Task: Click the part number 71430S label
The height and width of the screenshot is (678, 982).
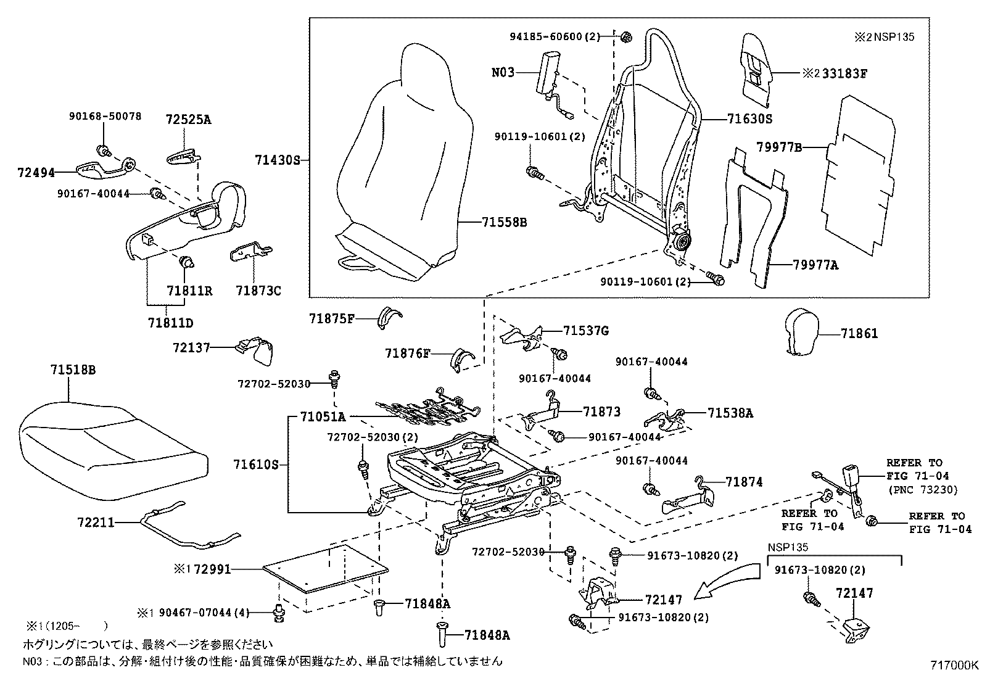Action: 277,161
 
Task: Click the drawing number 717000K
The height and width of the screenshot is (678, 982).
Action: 954,665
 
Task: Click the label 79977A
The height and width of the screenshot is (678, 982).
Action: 815,265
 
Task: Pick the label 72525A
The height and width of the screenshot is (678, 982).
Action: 188,120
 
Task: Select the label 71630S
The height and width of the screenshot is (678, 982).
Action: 749,119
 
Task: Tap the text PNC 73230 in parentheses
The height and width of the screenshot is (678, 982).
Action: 922,490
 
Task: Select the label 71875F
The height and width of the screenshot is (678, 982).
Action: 332,318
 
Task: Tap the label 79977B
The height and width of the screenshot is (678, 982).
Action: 779,147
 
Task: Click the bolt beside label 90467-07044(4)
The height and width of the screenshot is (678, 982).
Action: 280,613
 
